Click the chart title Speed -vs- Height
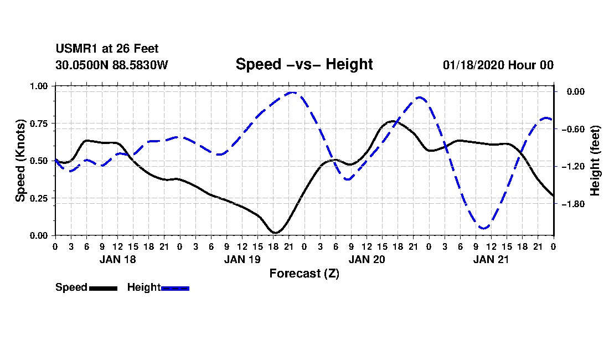pos(304,64)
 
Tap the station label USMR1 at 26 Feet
pos(107,49)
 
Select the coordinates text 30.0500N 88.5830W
pos(111,65)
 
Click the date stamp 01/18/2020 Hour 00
pos(498,65)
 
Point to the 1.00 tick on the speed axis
pos(39,86)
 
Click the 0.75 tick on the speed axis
pos(39,124)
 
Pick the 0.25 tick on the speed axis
pos(39,198)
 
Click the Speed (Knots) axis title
pos(20,160)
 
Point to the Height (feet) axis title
pos(595,161)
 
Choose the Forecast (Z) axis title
pos(304,273)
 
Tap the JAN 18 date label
pos(117,259)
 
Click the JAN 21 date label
pos(492,259)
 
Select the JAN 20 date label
pos(367,259)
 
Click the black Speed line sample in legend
pos(103,288)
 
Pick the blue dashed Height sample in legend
pos(175,288)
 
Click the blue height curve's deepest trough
pos(483,228)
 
